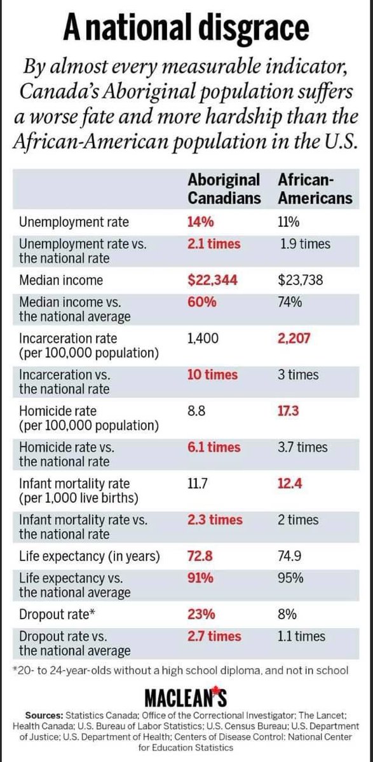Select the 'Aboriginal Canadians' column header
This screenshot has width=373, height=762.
coord(224,188)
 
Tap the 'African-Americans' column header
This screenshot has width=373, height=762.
coord(315,188)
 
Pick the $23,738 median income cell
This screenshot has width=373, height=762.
coord(306,280)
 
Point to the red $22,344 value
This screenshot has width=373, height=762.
coord(212,280)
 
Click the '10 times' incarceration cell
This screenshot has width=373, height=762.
coord(213,375)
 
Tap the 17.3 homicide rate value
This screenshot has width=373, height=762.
coord(289,411)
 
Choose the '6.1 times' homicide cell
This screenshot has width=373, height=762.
coord(214,447)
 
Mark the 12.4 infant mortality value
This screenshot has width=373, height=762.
coord(290,483)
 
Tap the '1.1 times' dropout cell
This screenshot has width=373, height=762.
coord(302,636)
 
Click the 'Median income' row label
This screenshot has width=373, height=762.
coord(52,280)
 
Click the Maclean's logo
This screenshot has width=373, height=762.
coord(187,695)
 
